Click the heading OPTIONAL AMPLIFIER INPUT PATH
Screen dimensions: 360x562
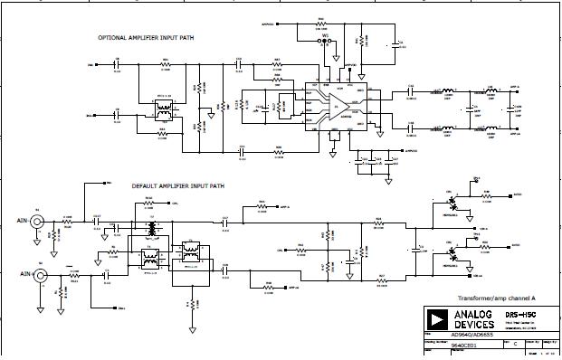pyautogui.click(x=148, y=37)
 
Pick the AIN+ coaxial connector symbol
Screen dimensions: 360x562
pyautogui.click(x=38, y=219)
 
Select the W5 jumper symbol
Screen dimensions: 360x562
pyautogui.click(x=326, y=41)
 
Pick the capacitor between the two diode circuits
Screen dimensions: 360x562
pyautogui.click(x=417, y=245)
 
